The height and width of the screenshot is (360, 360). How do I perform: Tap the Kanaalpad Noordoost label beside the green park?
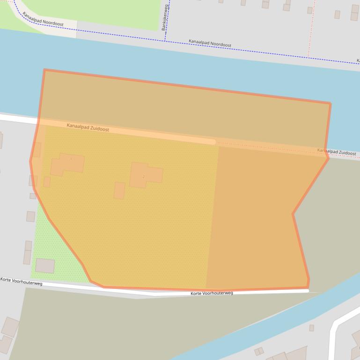43,19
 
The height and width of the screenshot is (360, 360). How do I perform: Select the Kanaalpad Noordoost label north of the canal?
210,43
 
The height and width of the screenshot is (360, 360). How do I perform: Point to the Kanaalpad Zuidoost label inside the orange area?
88,127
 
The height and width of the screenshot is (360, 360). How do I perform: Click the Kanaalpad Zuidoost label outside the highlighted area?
336,152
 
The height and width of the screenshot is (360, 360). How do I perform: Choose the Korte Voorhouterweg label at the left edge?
21,281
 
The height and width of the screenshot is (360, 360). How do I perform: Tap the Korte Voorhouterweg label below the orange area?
212,293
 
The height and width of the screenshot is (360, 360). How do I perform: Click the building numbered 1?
68,164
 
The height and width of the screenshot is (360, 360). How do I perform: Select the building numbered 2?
145,175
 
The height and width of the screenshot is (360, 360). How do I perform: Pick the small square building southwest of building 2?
119,190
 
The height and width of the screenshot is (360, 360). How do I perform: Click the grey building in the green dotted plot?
45,266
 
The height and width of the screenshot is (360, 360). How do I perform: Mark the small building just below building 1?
47,182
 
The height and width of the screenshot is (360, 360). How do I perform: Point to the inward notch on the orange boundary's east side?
294,214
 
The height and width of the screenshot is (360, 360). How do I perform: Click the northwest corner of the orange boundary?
44,70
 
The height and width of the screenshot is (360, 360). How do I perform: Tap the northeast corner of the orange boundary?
330,103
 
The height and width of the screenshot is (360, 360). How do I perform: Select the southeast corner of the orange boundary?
308,287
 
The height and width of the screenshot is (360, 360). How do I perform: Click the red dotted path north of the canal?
309,28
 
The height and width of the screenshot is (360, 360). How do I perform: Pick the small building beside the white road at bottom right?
311,328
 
